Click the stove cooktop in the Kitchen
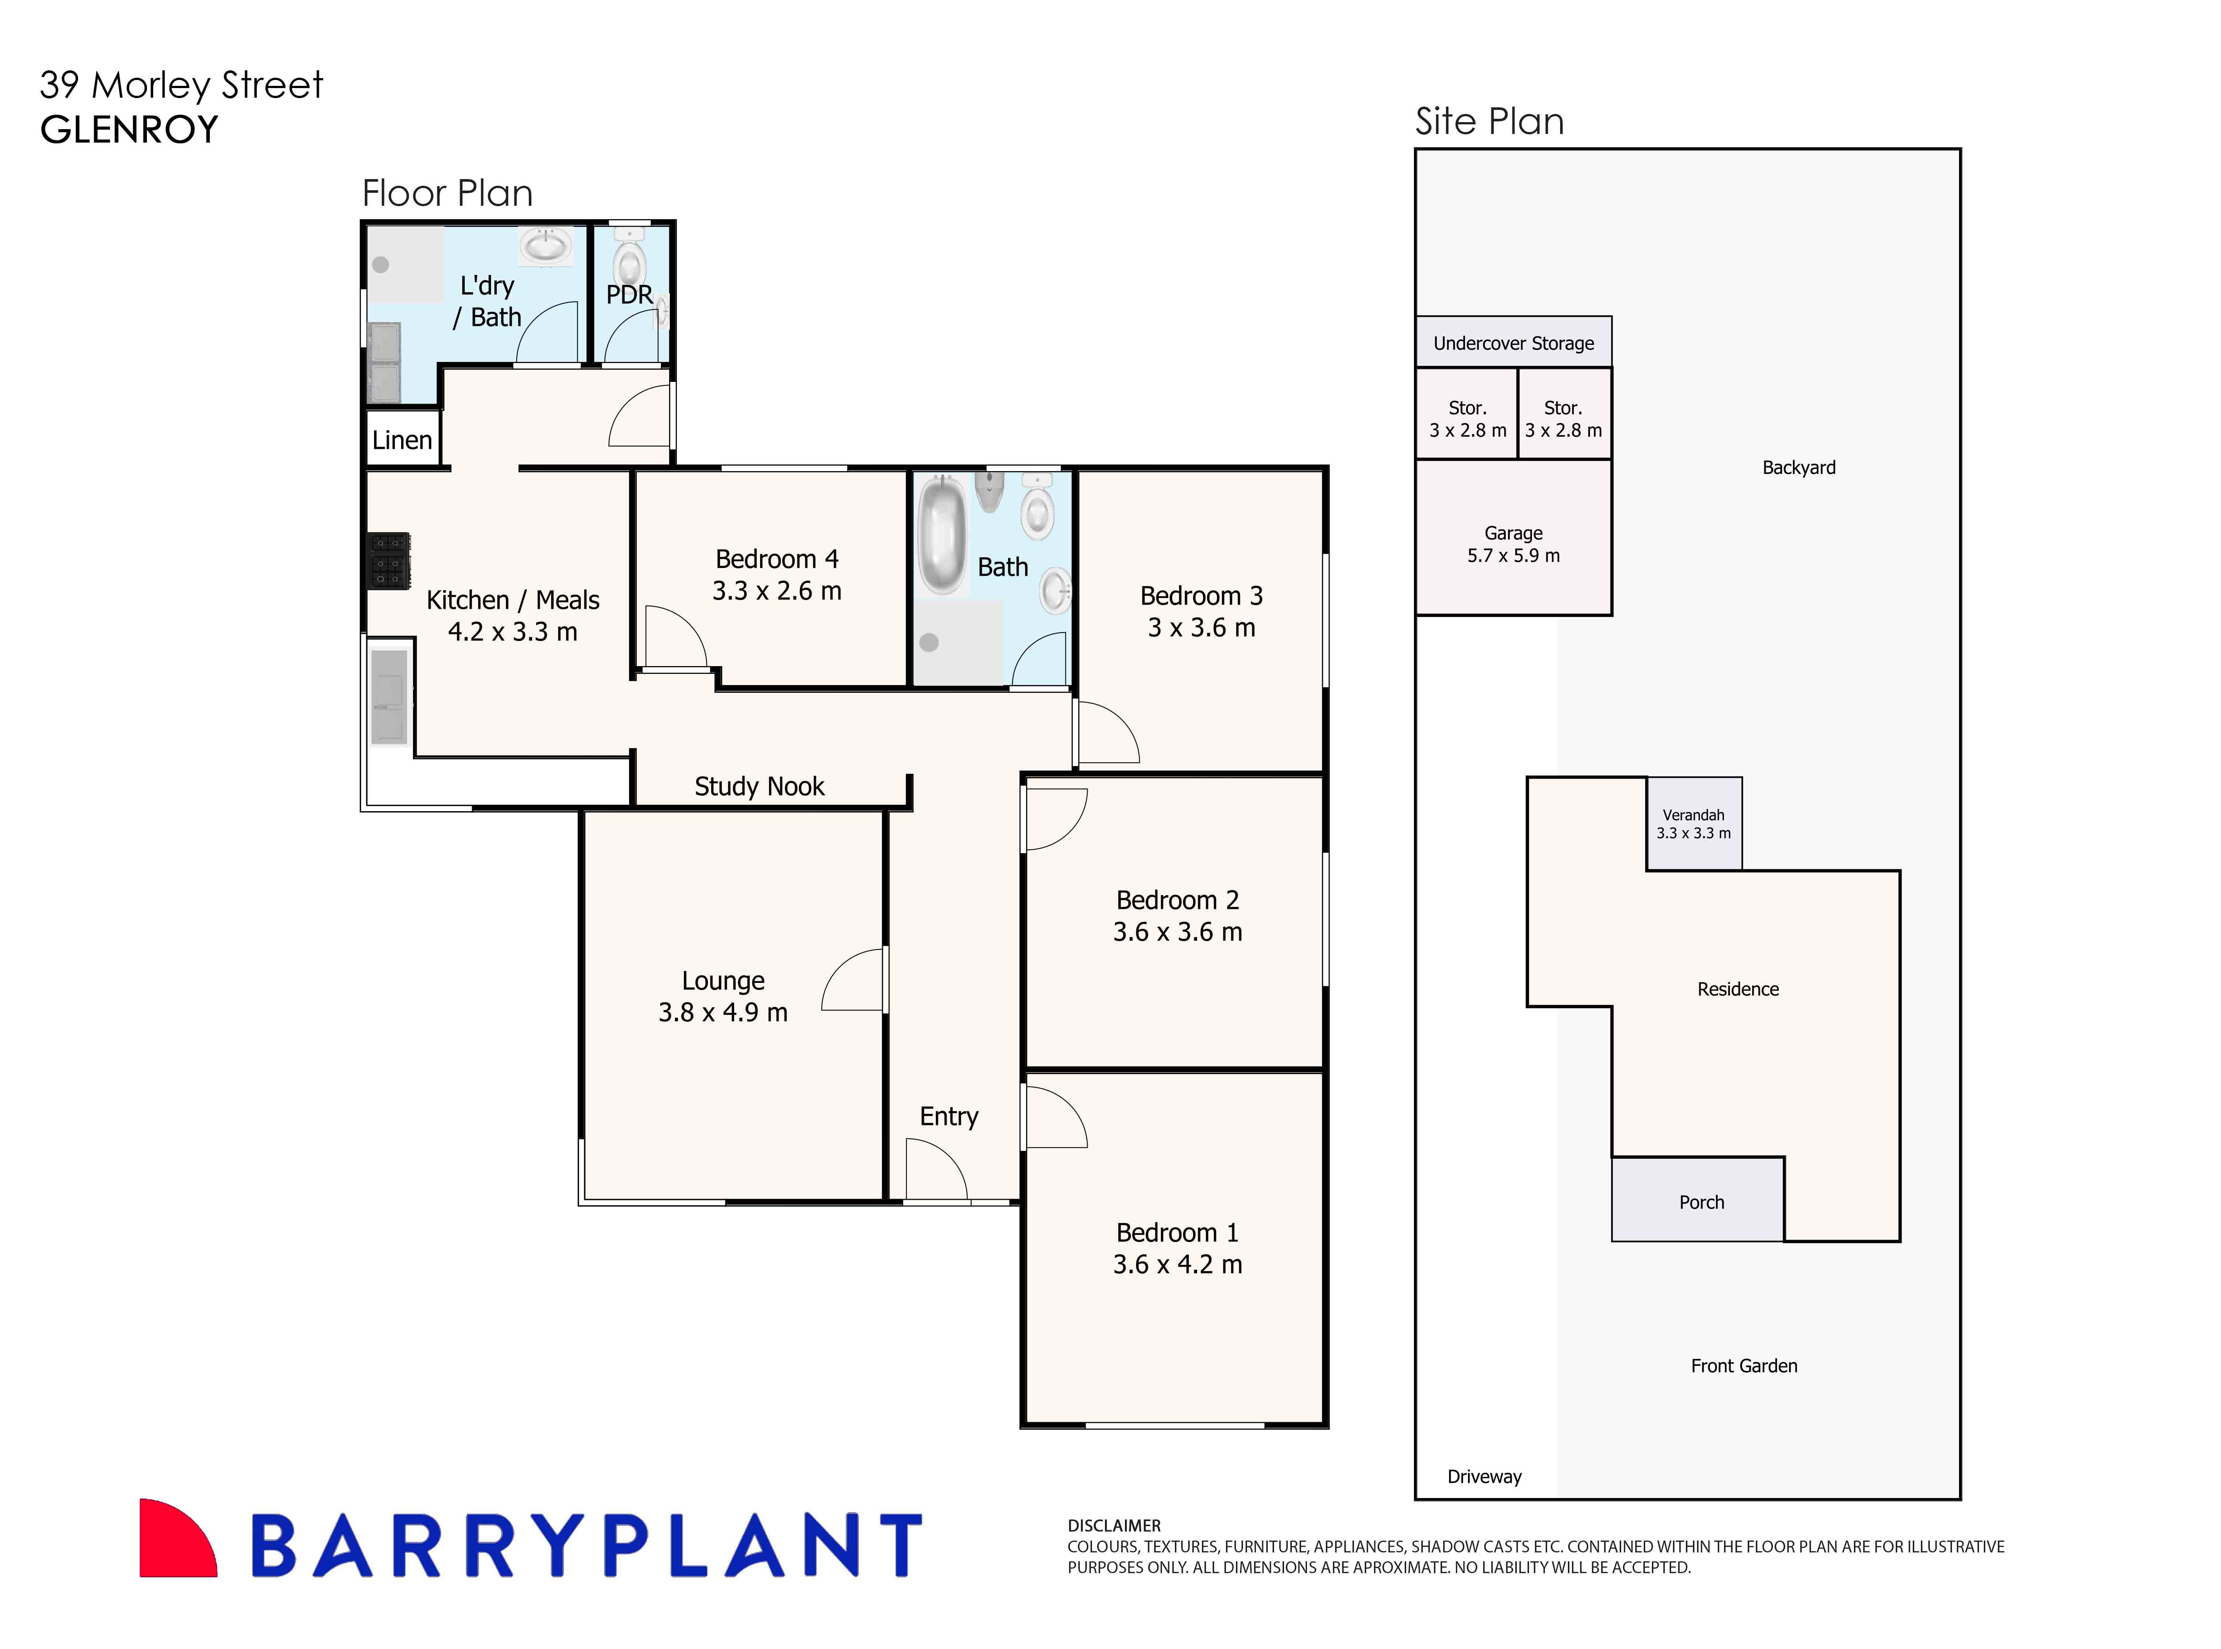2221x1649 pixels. point(389,560)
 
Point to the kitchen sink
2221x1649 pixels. point(389,696)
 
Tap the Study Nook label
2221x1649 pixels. point(759,787)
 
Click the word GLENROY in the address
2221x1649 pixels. point(129,130)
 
